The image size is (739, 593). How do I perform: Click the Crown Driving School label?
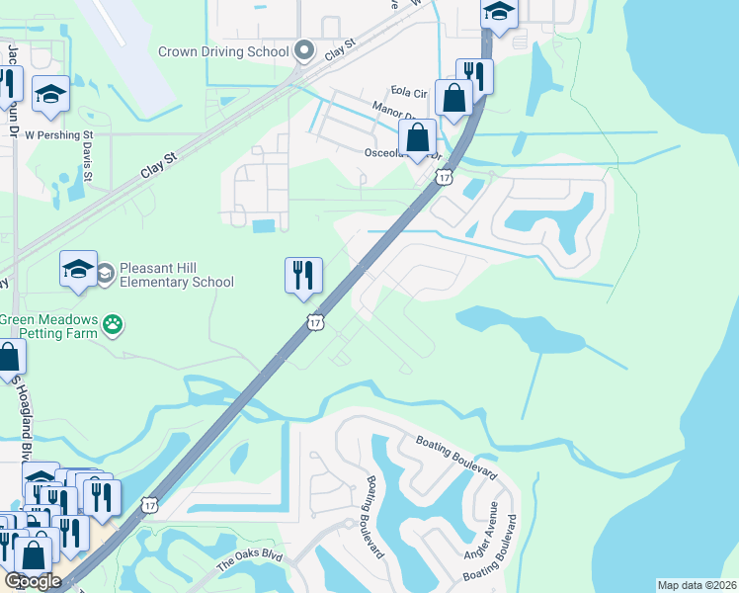point(223,50)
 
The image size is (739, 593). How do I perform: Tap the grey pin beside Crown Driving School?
point(303,50)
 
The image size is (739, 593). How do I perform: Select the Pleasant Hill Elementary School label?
point(177,275)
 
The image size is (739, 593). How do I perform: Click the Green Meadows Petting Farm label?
point(49,326)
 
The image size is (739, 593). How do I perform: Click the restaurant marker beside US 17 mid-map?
point(303,274)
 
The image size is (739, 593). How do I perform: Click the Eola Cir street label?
point(408,93)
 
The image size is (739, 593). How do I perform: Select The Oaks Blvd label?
point(249,563)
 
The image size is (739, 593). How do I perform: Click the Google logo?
point(33,580)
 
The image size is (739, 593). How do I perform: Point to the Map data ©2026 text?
point(697,585)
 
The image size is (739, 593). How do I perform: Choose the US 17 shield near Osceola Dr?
point(445,177)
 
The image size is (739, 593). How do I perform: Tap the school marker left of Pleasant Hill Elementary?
point(78,268)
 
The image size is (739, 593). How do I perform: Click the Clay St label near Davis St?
point(158,164)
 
